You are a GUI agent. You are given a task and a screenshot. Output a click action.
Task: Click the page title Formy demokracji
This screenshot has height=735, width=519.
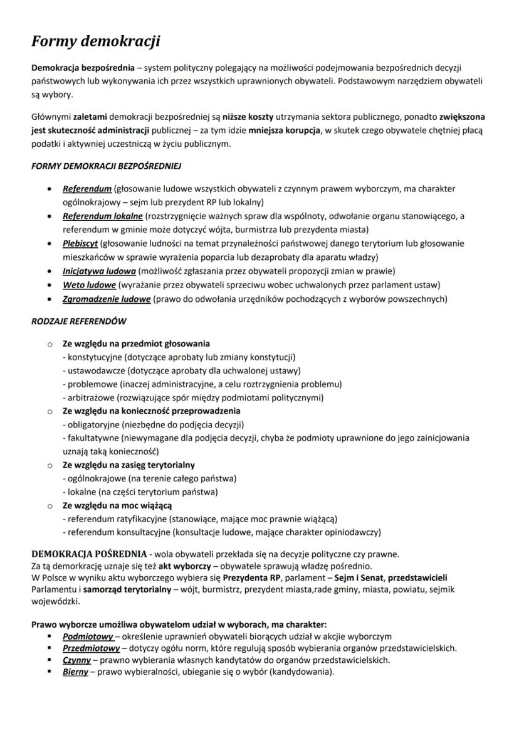coord(96,41)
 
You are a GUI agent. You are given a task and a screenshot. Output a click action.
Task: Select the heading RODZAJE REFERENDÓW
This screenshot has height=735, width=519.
coord(79,321)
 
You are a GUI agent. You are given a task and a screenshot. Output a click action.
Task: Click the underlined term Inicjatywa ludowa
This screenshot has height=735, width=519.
coord(99,271)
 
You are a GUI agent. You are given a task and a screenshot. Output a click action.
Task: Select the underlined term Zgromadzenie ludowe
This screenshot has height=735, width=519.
coord(107,299)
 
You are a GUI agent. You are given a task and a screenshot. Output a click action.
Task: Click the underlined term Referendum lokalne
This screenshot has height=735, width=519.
coord(103,216)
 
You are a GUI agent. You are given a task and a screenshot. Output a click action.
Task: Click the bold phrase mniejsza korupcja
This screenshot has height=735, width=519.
coord(283,131)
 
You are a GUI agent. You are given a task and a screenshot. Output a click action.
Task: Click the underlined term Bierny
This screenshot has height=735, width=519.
coord(75,672)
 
